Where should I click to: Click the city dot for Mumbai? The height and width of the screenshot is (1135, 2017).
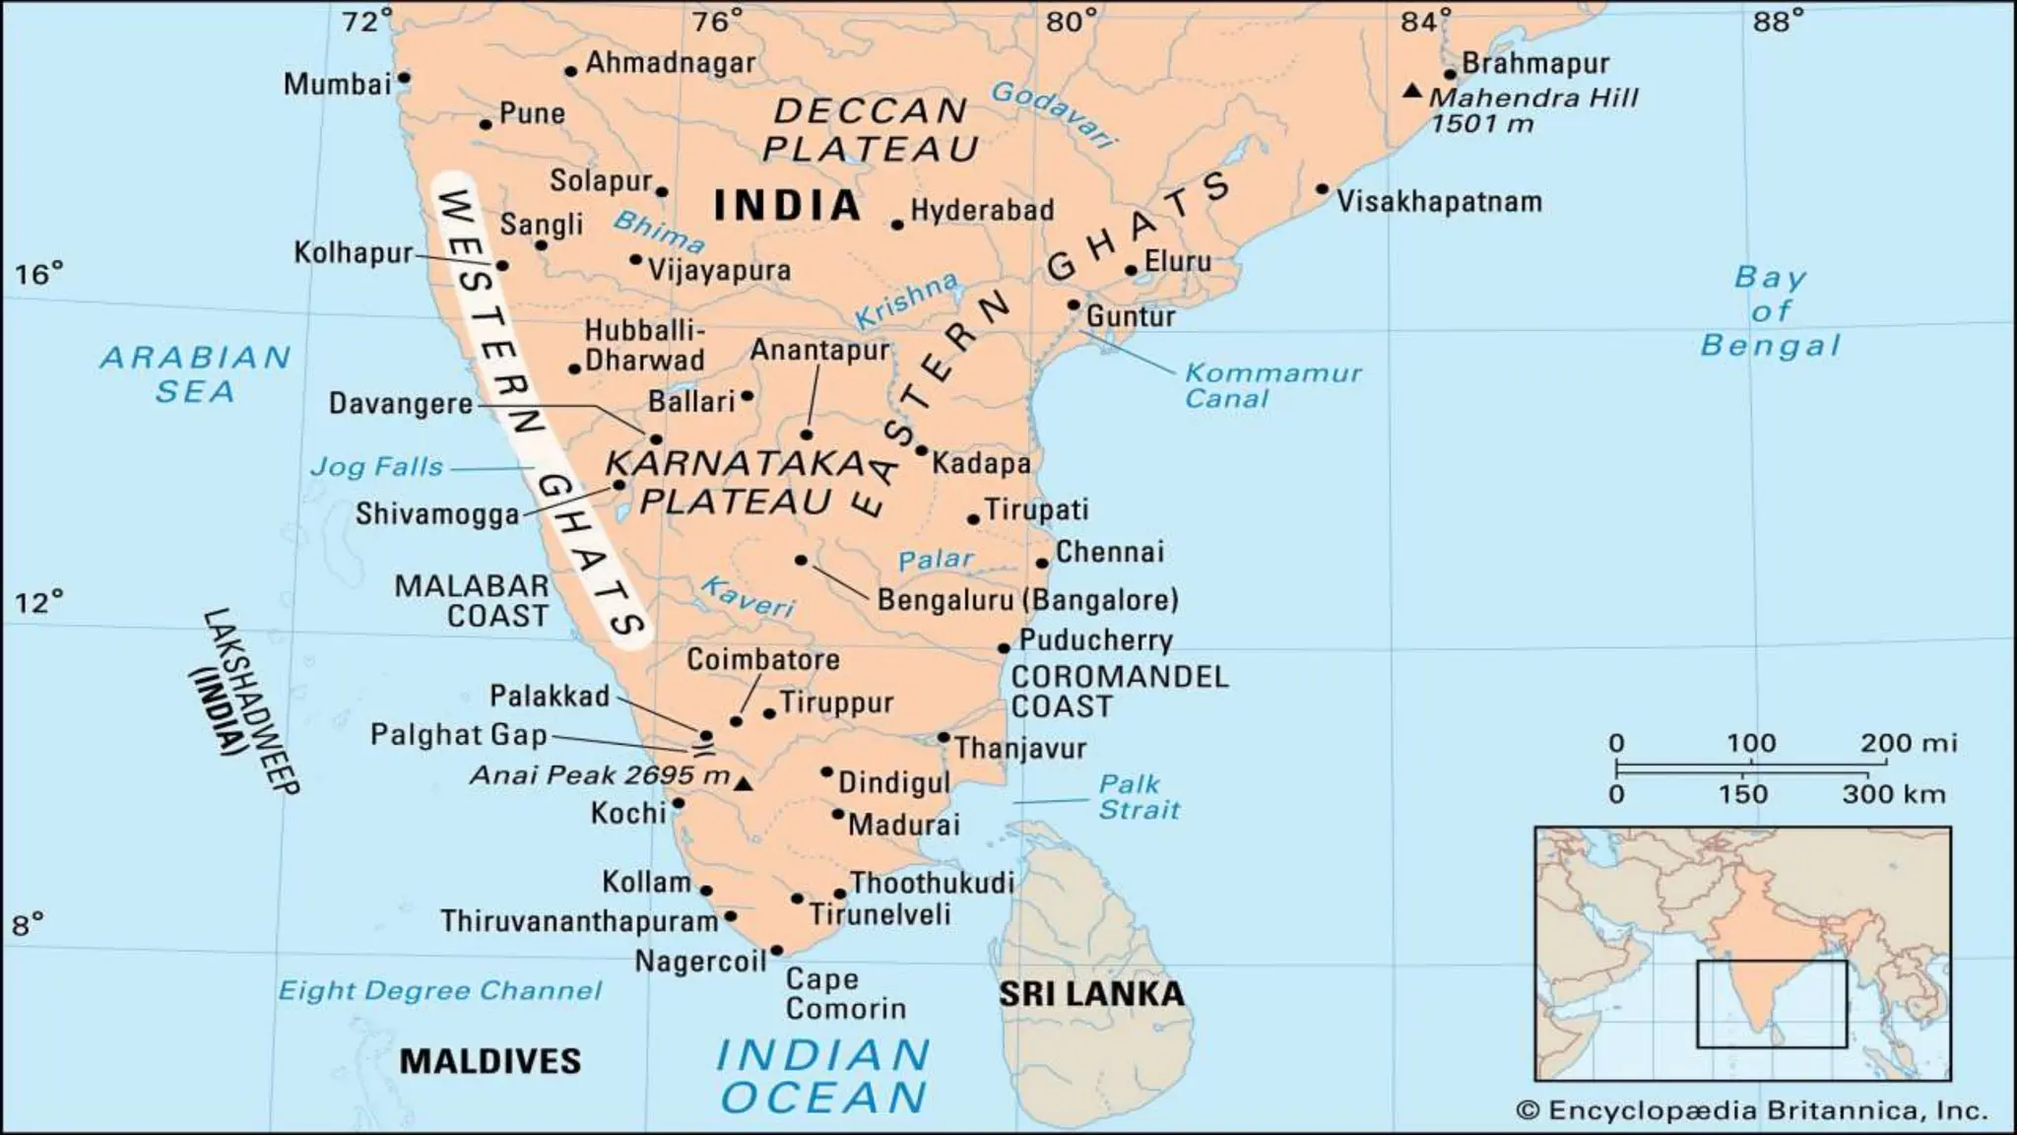[x=404, y=78]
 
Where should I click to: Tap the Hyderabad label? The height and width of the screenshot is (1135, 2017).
[x=981, y=211]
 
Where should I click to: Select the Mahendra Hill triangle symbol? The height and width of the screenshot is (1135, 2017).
[x=1412, y=91]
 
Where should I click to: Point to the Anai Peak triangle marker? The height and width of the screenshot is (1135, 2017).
[x=745, y=784]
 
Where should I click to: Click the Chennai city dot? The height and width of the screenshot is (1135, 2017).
[x=1042, y=564]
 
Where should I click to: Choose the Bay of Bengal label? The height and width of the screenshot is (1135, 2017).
[x=1770, y=311]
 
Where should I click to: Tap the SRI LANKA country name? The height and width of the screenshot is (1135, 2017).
[x=1091, y=993]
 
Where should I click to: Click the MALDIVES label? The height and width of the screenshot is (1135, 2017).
[x=489, y=1061]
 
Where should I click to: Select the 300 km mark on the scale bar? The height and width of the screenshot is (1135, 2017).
[x=1893, y=794]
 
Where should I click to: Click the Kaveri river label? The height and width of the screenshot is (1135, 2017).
[x=748, y=596]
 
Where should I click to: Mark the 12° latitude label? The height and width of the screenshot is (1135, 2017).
[x=38, y=602]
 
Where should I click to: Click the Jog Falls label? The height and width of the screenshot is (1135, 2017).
[x=377, y=466]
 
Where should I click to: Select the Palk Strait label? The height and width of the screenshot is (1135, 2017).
[x=1139, y=797]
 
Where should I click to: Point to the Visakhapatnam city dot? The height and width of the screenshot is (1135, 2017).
[x=1322, y=189]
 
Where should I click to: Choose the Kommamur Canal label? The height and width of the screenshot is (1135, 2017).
[x=1271, y=386]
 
